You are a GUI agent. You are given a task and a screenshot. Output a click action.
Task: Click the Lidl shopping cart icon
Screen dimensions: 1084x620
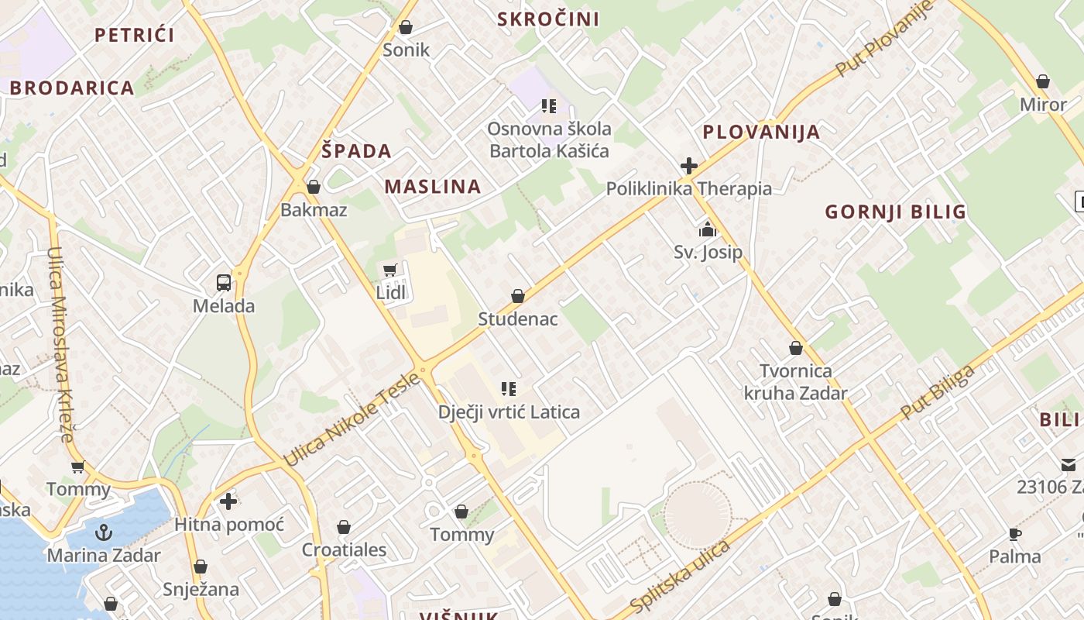pyautogui.click(x=389, y=270)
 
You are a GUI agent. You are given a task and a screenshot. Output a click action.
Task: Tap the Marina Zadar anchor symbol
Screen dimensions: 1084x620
pyautogui.click(x=103, y=532)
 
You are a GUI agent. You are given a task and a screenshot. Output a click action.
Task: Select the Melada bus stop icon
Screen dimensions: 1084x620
pyautogui.click(x=224, y=283)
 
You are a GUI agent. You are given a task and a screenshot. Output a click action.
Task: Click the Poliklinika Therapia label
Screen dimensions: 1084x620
pyautogui.click(x=688, y=188)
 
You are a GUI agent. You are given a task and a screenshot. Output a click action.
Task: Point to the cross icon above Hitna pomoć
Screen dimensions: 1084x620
pyautogui.click(x=228, y=501)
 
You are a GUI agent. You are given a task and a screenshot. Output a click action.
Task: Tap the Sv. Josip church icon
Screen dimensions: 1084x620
pyautogui.click(x=707, y=229)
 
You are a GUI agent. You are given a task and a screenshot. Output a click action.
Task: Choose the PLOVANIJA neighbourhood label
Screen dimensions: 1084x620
pyautogui.click(x=761, y=132)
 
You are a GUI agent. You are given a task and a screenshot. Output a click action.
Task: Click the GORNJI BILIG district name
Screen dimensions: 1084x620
pyautogui.click(x=895, y=212)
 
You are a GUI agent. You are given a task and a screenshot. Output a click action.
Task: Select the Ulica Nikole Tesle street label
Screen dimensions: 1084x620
pyautogui.click(x=353, y=419)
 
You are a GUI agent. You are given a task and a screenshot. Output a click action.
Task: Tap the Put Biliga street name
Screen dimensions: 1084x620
pyautogui.click(x=938, y=392)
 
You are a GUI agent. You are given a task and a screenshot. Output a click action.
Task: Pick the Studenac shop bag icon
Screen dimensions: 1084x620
pyautogui.click(x=518, y=296)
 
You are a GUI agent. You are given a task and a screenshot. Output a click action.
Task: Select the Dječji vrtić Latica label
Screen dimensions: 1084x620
pyautogui.click(x=509, y=412)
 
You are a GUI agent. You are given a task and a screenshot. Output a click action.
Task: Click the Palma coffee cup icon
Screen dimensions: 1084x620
pyautogui.click(x=1015, y=534)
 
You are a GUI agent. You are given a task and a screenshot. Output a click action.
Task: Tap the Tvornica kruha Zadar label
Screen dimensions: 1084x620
pyautogui.click(x=796, y=382)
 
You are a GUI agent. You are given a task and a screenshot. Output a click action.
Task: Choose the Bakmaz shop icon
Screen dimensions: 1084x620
pyautogui.click(x=314, y=187)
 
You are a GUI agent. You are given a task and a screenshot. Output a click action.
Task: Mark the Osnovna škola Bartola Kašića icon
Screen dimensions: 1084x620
pyautogui.click(x=549, y=106)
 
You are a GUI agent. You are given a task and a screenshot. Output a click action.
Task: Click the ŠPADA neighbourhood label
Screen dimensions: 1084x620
pyautogui.click(x=356, y=151)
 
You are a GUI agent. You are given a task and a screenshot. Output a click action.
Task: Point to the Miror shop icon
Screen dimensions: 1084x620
pyautogui.click(x=1043, y=81)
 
